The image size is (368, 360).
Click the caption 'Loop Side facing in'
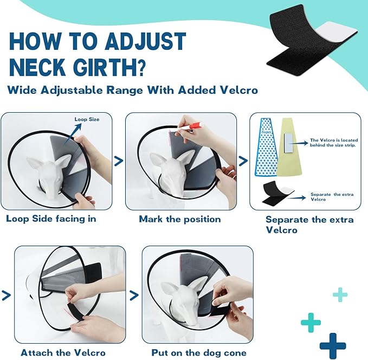(51, 219)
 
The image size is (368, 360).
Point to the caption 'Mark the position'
(179, 219)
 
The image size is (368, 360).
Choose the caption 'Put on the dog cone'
(197, 352)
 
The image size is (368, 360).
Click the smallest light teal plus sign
(340, 295)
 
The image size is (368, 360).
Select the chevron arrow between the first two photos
(118, 160)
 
